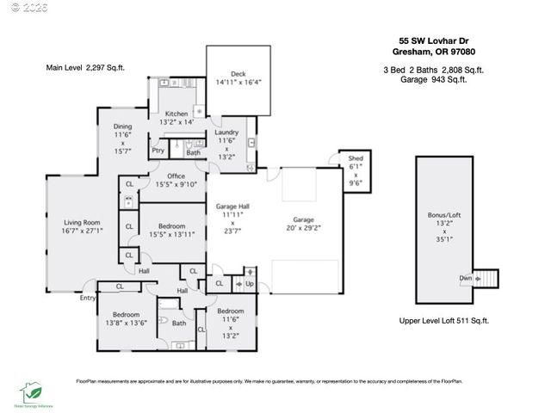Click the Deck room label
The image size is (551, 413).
(x=238, y=74)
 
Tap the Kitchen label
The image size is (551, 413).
(x=176, y=114)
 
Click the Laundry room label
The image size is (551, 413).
(x=227, y=132)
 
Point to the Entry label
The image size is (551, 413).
(x=88, y=298)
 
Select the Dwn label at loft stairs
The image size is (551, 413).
(x=466, y=278)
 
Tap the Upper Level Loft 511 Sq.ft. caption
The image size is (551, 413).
(x=445, y=320)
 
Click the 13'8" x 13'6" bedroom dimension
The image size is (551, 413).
(x=126, y=323)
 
